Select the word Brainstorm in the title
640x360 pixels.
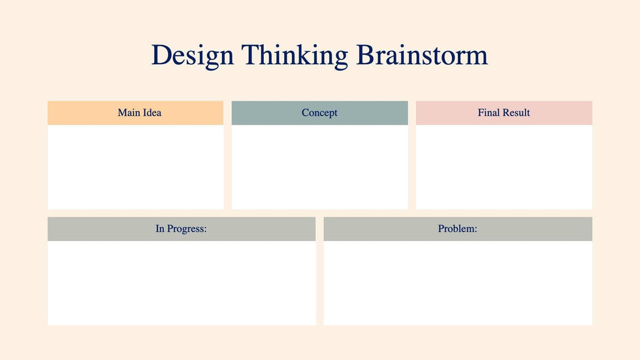tap(422, 55)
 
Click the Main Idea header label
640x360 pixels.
tap(140, 112)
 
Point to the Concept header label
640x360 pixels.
tap(319, 113)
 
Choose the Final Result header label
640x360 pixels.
tap(504, 112)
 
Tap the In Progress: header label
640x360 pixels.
tap(182, 229)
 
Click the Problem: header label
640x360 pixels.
tap(458, 229)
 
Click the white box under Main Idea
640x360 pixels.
tap(136, 167)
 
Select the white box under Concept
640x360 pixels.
tap(319, 167)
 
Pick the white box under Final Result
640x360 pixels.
tap(504, 167)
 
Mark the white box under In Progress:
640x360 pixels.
tap(182, 283)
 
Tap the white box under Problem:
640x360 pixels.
tap(458, 283)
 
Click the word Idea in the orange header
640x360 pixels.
tap(152, 112)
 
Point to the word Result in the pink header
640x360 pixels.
tap(517, 112)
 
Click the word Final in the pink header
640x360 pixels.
tap(489, 112)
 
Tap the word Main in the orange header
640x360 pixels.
tap(129, 112)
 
